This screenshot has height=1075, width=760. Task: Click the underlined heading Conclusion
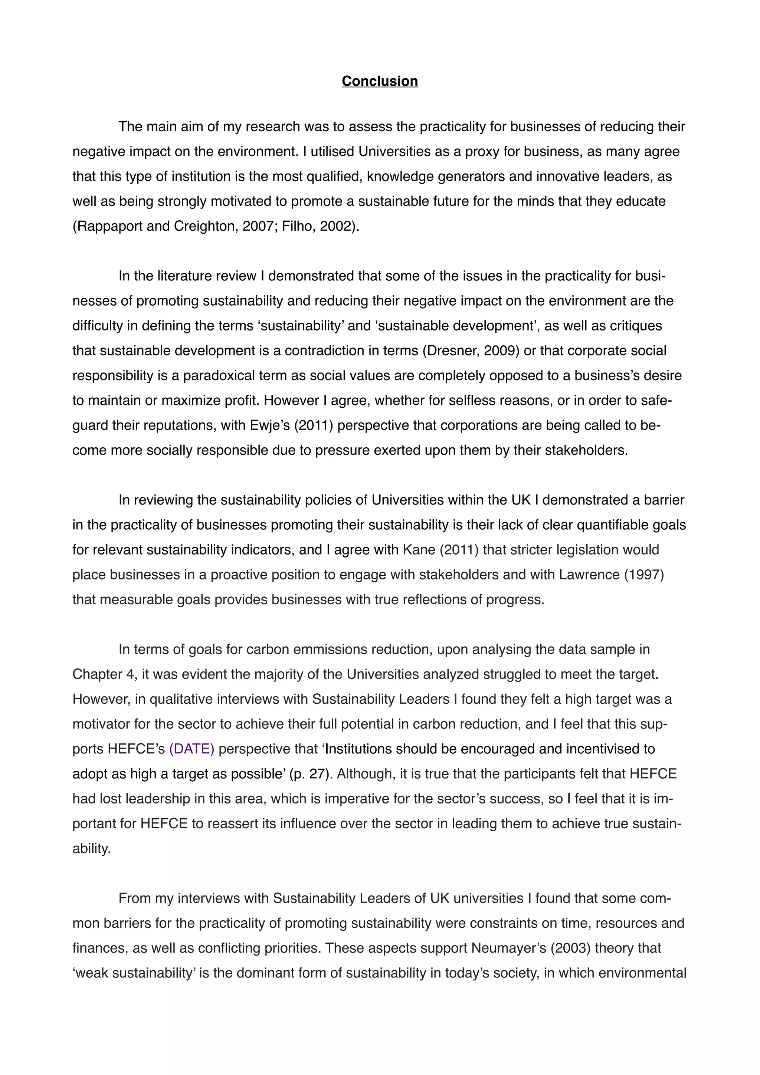click(379, 81)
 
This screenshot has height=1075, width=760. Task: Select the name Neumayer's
click(508, 948)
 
